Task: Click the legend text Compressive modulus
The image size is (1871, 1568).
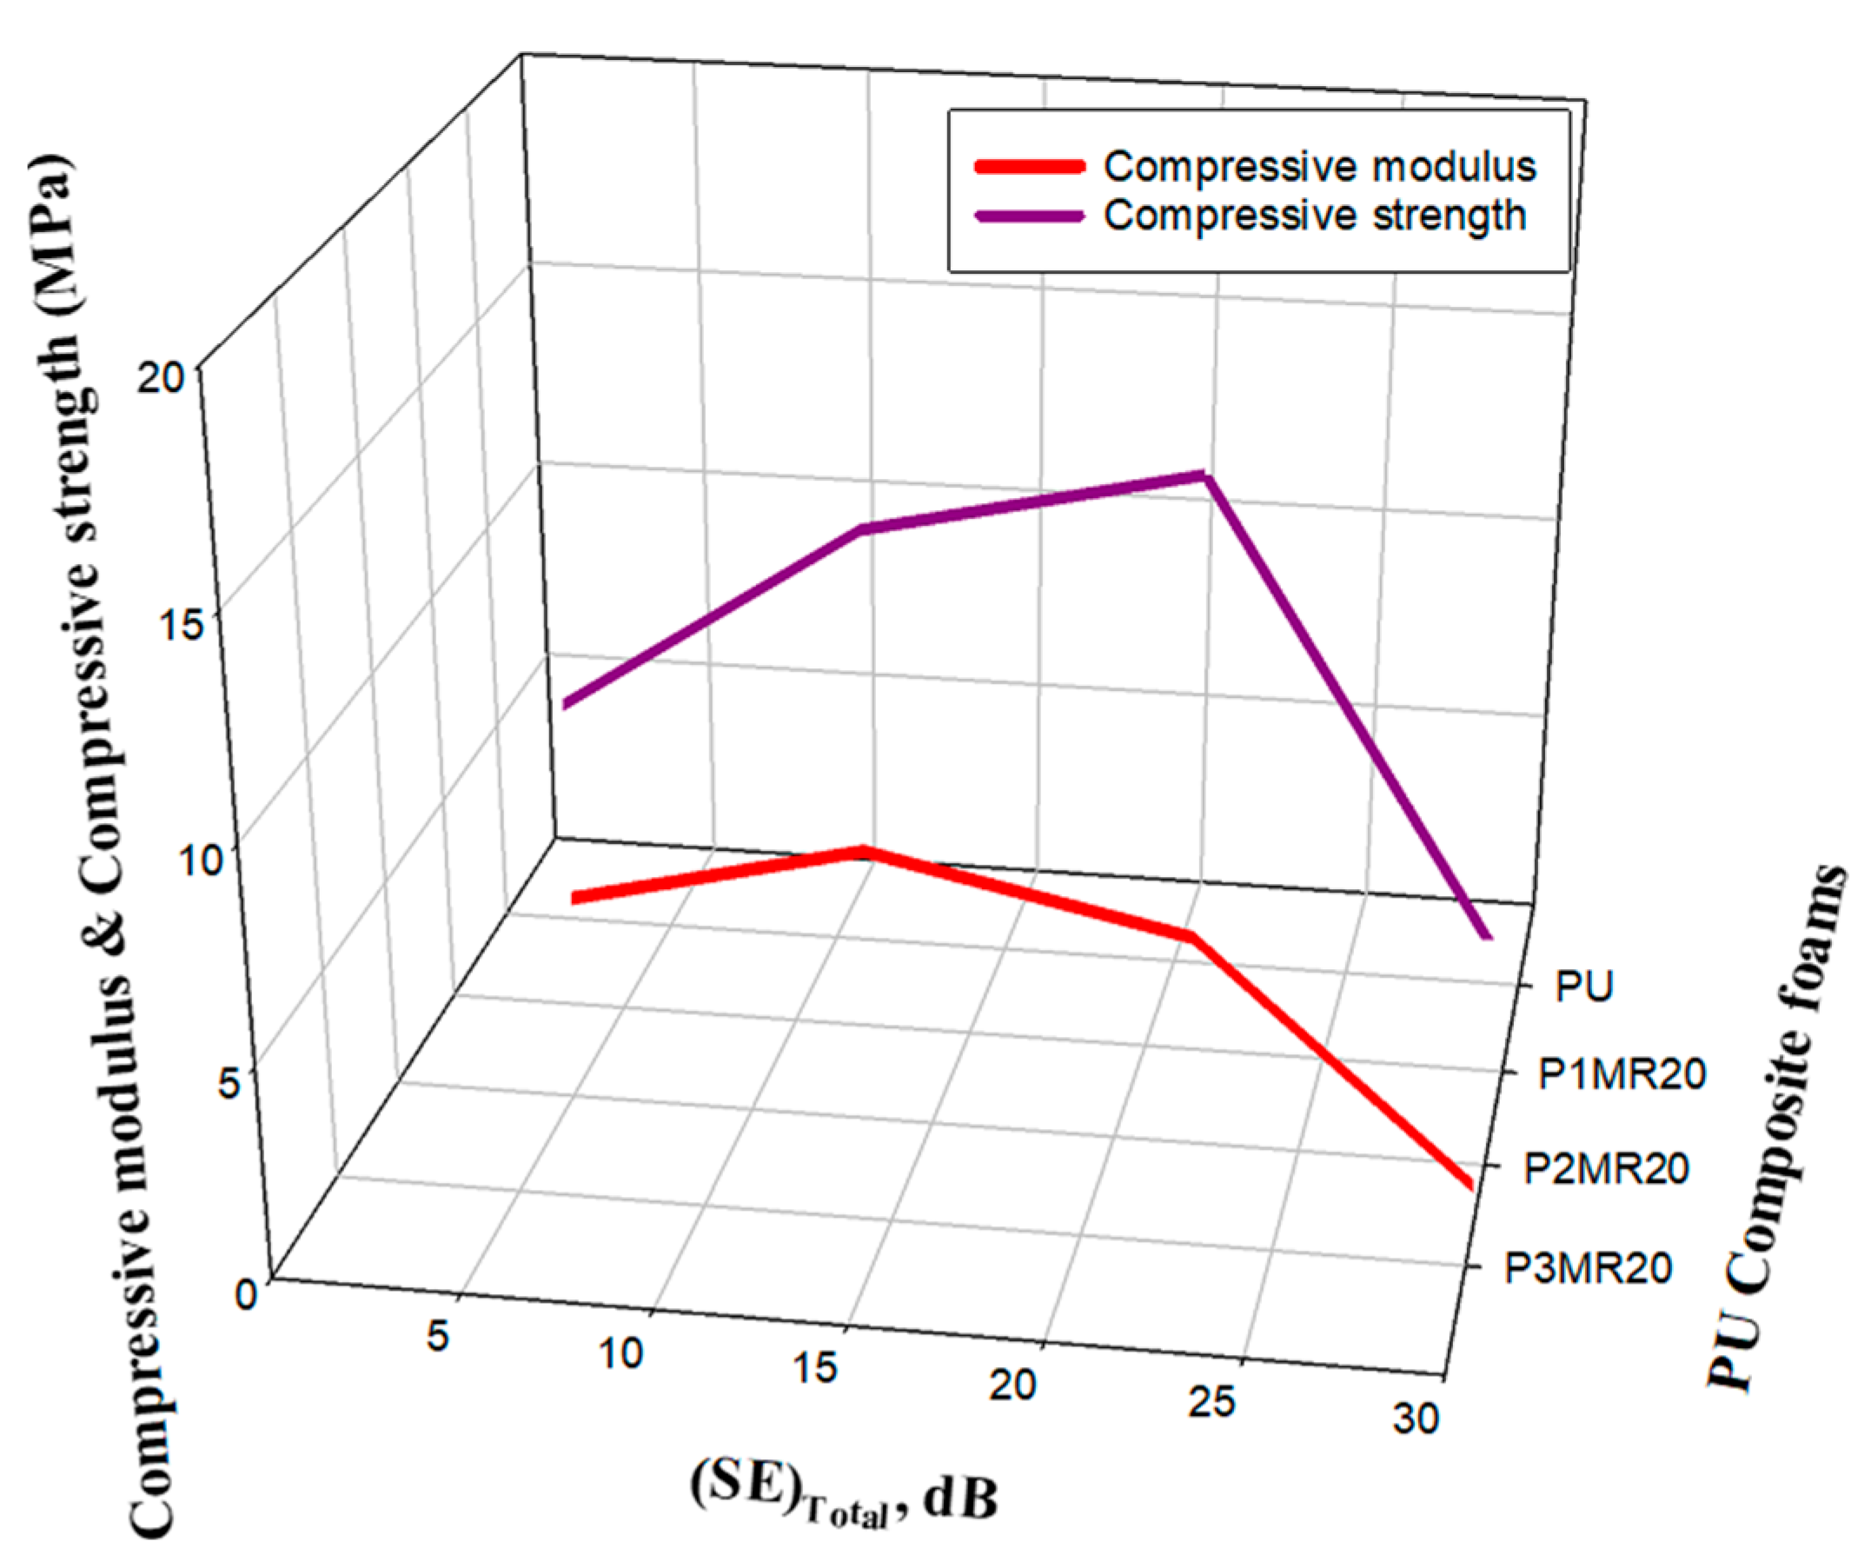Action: tap(1319, 167)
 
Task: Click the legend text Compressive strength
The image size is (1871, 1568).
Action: tap(1315, 216)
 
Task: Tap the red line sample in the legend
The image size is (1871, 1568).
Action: tap(1031, 167)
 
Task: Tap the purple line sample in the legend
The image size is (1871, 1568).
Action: tap(1031, 216)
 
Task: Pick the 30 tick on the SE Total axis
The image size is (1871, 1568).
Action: tap(1416, 1419)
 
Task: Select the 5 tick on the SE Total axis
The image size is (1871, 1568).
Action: tap(437, 1337)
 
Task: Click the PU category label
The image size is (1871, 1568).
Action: tap(1584, 987)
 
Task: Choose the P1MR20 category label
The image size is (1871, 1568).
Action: tap(1622, 1075)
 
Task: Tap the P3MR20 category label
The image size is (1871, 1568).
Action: tap(1588, 1269)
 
